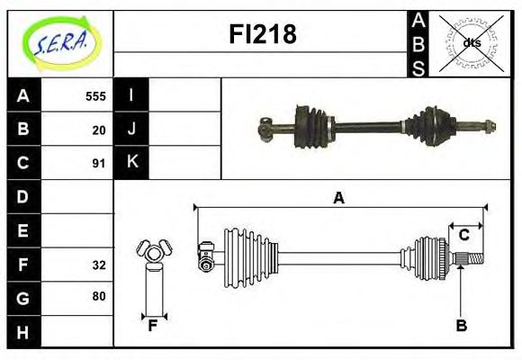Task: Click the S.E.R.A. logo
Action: tap(60, 41)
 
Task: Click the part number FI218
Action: tap(261, 35)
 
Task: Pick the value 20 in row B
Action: tap(99, 130)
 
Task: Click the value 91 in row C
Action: tap(99, 163)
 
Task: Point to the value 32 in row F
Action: tap(99, 264)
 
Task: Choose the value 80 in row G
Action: tap(99, 296)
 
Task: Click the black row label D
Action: tap(23, 196)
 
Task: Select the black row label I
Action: tap(131, 95)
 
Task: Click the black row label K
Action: tap(131, 162)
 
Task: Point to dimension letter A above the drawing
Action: tap(339, 198)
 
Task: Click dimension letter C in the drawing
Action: tap(464, 235)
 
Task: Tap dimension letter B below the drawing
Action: tap(461, 326)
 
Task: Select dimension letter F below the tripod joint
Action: tap(153, 326)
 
